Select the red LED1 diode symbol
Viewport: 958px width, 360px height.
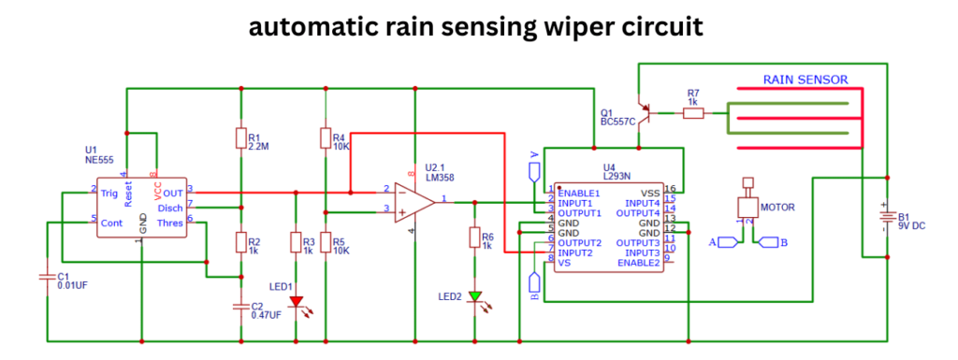pos(297,302)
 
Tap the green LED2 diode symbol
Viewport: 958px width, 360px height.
pos(475,296)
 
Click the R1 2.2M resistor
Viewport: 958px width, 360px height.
pos(240,138)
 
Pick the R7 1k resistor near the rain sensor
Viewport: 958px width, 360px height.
pos(693,112)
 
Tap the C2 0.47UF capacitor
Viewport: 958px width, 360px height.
pos(240,306)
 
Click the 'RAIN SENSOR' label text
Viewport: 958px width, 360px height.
pos(805,80)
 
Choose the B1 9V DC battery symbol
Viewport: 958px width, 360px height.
pos(884,217)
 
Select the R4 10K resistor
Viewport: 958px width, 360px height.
pos(325,139)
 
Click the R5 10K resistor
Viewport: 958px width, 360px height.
pos(325,244)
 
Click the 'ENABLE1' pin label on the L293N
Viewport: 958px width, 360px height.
pos(579,193)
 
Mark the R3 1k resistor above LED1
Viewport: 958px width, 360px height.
pos(297,244)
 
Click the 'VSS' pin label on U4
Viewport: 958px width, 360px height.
pos(651,193)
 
